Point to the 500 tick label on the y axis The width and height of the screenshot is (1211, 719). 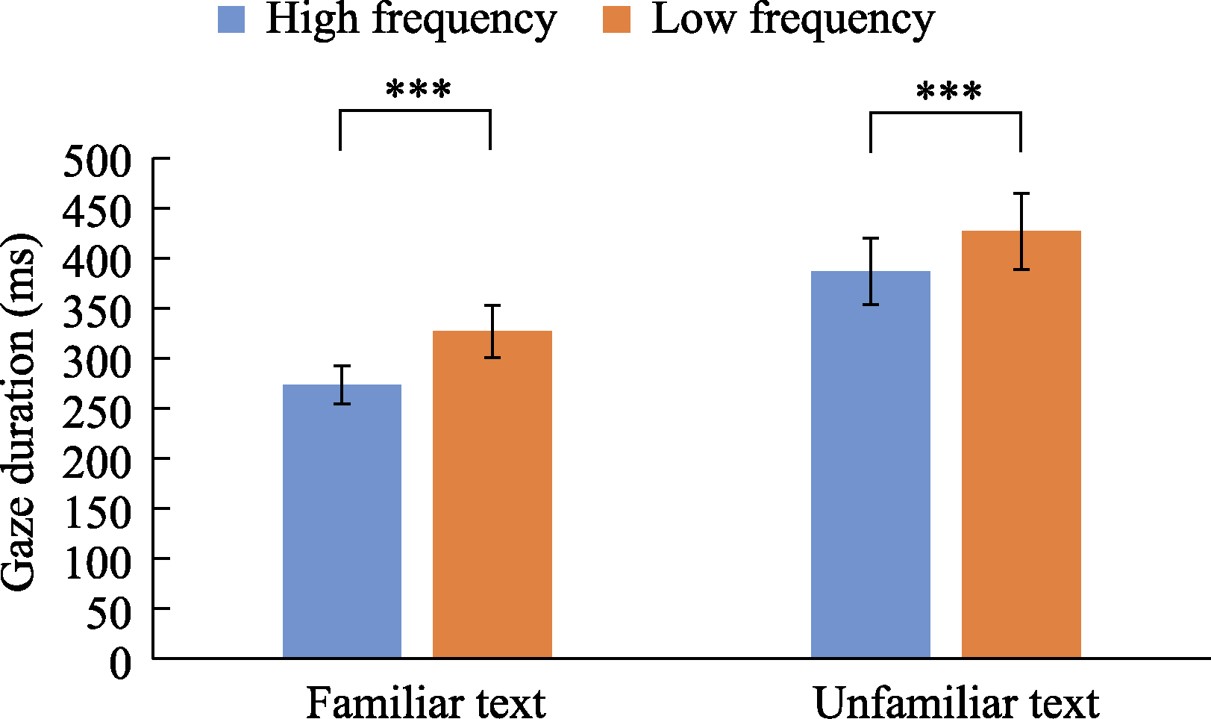tap(97, 161)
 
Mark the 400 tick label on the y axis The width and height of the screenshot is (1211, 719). tap(97, 261)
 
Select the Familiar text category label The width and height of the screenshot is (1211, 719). tap(425, 703)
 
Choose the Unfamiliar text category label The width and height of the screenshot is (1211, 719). tap(956, 703)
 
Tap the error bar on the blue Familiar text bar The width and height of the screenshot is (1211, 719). tap(342, 385)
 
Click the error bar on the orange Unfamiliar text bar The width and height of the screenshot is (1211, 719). tap(1021, 231)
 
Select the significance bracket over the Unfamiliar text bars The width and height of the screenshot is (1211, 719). tap(945, 113)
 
